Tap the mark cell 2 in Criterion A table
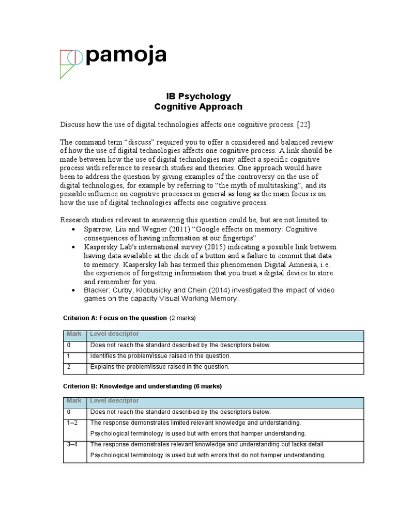click(68, 367)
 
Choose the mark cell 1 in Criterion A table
click(68, 356)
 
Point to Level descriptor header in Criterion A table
click(114, 334)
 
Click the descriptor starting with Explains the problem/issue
click(159, 367)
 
